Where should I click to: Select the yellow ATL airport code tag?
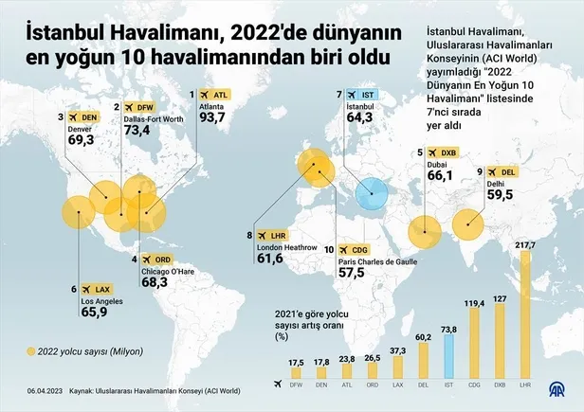[216, 95]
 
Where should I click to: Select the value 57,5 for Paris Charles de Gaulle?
[352, 273]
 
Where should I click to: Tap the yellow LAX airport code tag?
[98, 289]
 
